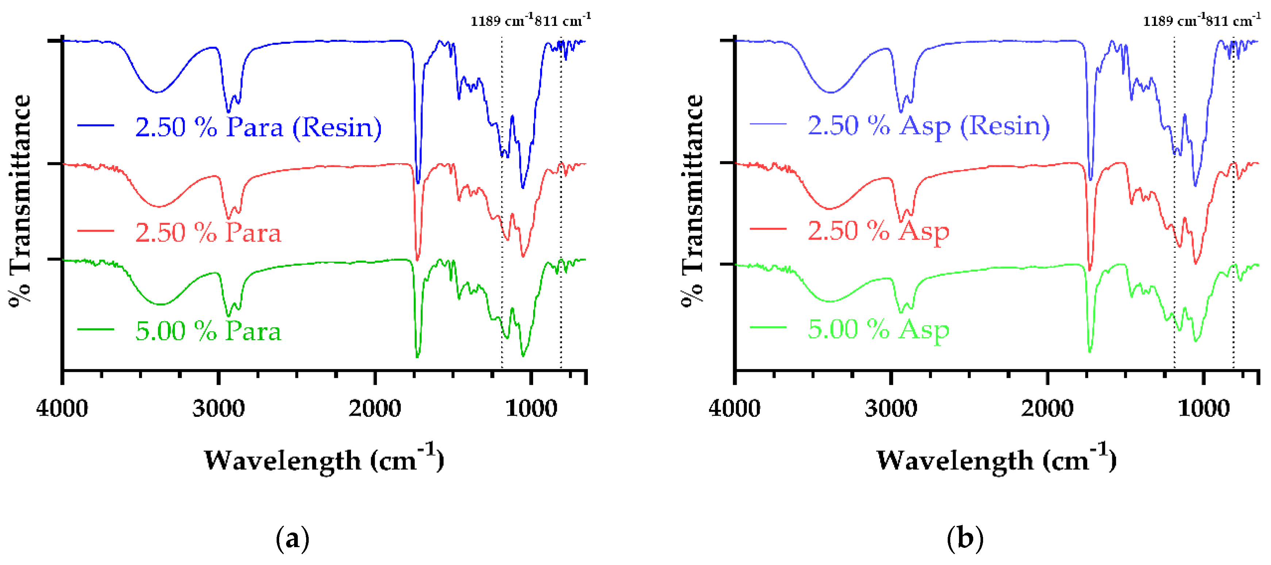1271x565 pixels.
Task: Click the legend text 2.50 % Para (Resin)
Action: coord(258,127)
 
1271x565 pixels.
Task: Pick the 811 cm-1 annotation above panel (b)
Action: coord(1232,21)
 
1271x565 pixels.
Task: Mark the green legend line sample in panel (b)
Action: coord(768,328)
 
